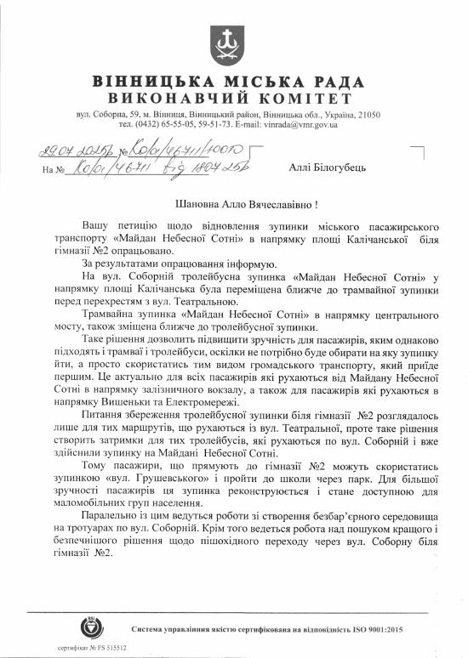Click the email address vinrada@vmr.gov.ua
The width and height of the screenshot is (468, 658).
coord(300,124)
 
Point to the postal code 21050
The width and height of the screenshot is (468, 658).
coord(370,114)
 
